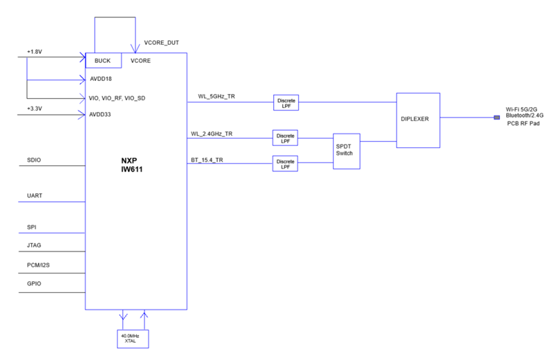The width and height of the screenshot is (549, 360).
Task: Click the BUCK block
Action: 102,61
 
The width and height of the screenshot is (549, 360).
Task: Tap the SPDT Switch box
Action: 344,150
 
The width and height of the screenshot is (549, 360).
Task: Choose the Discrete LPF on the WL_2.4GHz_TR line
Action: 285,138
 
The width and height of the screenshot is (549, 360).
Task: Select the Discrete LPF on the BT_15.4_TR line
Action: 285,164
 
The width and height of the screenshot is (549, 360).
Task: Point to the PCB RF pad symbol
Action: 496,117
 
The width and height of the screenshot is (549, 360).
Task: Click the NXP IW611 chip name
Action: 136,164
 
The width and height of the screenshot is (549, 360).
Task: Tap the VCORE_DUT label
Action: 161,43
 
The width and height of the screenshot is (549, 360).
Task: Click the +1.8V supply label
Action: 35,52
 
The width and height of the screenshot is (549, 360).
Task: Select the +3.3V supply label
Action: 35,108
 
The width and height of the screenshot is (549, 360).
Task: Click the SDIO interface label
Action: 34,160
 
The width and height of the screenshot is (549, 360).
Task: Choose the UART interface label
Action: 35,196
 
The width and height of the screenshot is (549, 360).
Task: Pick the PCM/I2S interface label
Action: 39,265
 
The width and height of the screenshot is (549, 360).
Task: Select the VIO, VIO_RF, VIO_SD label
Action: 118,98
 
